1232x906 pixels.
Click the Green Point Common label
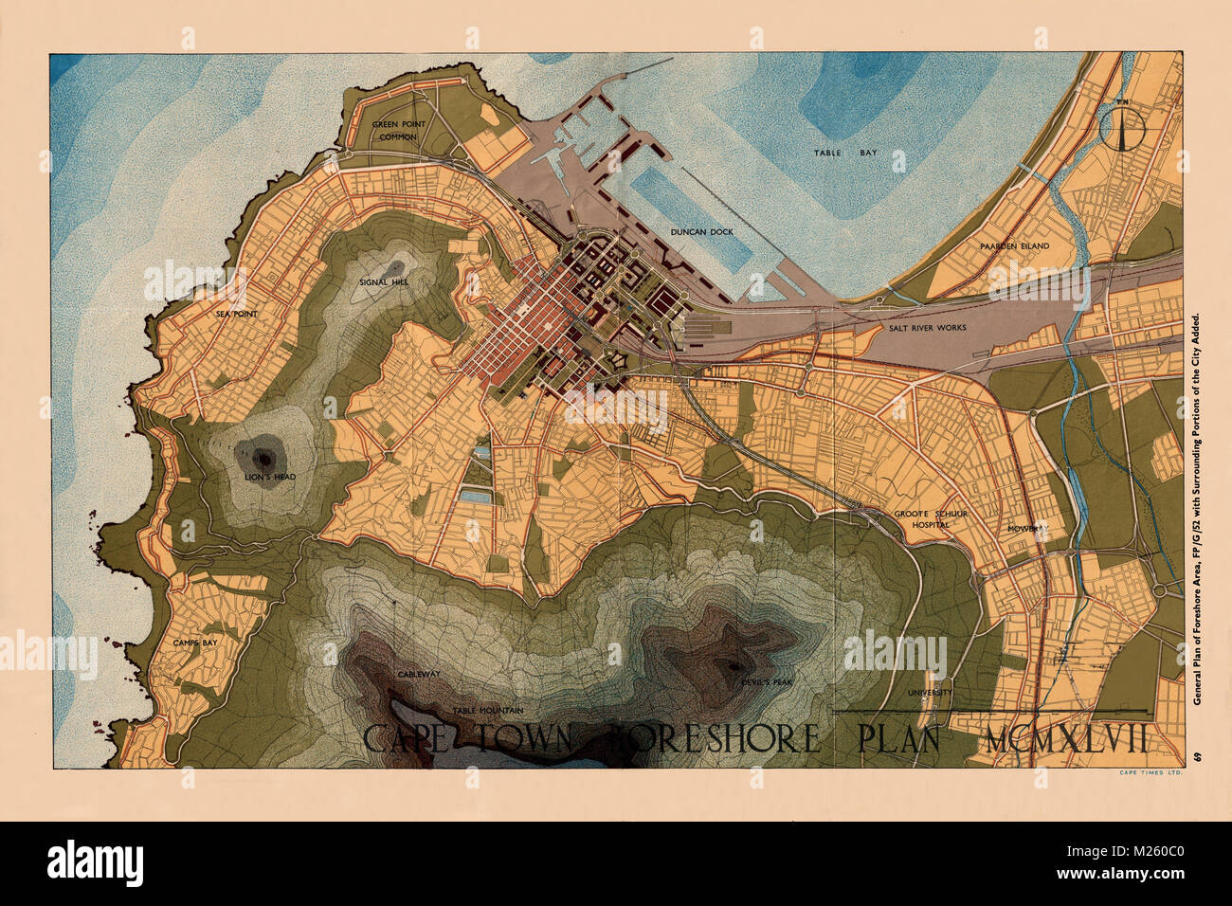[x=399, y=131]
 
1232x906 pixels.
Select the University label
[x=930, y=692]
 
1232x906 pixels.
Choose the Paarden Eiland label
[x=1014, y=246]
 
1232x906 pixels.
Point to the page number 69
[x=1198, y=755]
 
